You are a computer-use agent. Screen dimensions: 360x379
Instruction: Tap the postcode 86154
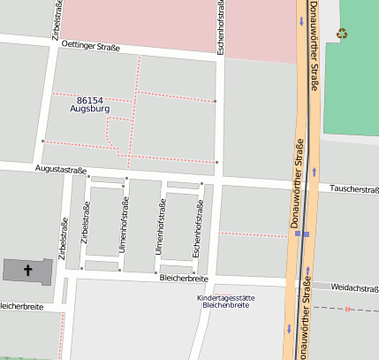tap(92, 100)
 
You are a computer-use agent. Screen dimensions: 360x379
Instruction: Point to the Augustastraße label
tap(61, 168)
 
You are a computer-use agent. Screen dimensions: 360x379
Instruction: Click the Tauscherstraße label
tap(353, 188)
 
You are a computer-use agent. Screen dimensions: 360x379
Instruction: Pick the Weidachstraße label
tap(355, 287)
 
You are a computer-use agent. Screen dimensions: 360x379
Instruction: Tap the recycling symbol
tap(342, 34)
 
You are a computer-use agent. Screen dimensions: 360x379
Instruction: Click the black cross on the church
tap(27, 269)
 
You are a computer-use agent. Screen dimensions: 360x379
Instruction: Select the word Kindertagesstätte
tap(225, 298)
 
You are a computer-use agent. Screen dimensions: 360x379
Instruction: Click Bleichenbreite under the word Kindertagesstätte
tap(225, 306)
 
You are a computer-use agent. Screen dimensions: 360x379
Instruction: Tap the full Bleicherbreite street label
tap(184, 278)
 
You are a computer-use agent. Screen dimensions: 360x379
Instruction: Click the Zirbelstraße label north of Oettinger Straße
tap(58, 19)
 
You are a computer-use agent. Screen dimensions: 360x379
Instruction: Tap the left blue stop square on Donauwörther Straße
tap(299, 234)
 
